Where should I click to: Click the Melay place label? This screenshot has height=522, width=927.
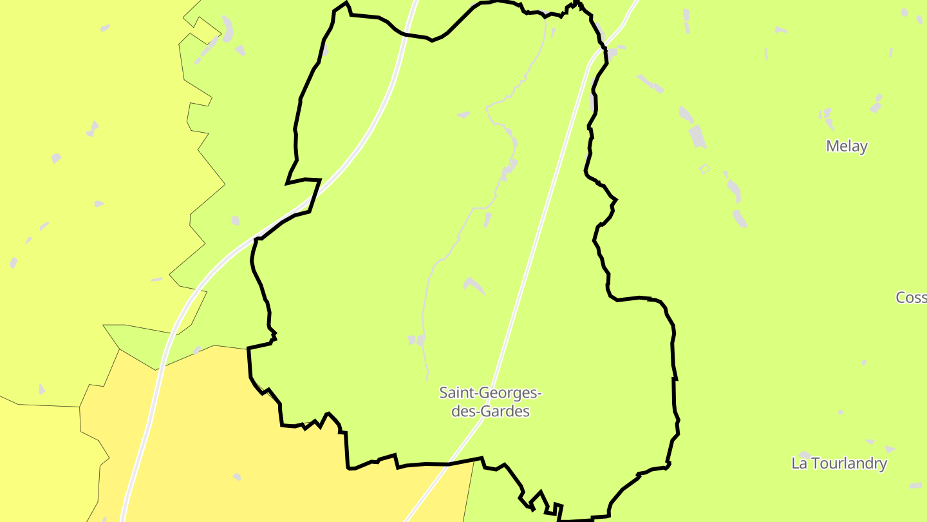point(847,146)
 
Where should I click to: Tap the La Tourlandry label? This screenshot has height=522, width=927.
point(839,463)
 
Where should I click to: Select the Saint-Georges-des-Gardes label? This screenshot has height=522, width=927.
point(490,401)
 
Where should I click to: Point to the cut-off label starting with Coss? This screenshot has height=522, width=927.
point(912,297)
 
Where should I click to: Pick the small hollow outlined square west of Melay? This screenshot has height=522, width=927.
point(704,169)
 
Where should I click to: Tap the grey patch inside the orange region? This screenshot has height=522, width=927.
point(237,477)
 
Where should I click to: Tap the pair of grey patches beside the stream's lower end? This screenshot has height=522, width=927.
point(417,340)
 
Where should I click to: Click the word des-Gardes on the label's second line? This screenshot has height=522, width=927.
point(490,411)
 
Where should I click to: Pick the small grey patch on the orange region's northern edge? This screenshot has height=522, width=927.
point(197,350)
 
